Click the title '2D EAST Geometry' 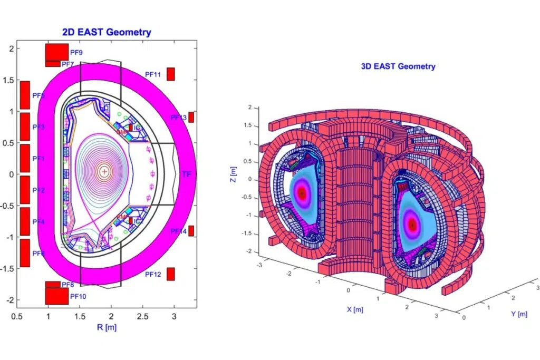(x=107, y=32)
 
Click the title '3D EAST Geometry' (x=398, y=66)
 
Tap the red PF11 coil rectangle (x=170, y=74)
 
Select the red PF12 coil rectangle (x=170, y=274)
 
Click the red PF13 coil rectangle (x=191, y=117)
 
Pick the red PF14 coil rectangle (x=191, y=231)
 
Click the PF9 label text (x=76, y=52)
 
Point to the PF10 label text (x=78, y=296)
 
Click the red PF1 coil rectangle (x=25, y=158)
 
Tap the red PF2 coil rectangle (x=25, y=190)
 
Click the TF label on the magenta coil (x=186, y=174)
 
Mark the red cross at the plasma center (x=104, y=171)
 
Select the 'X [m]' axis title (x=354, y=309)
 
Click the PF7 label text (x=67, y=64)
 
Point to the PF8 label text (x=67, y=285)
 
